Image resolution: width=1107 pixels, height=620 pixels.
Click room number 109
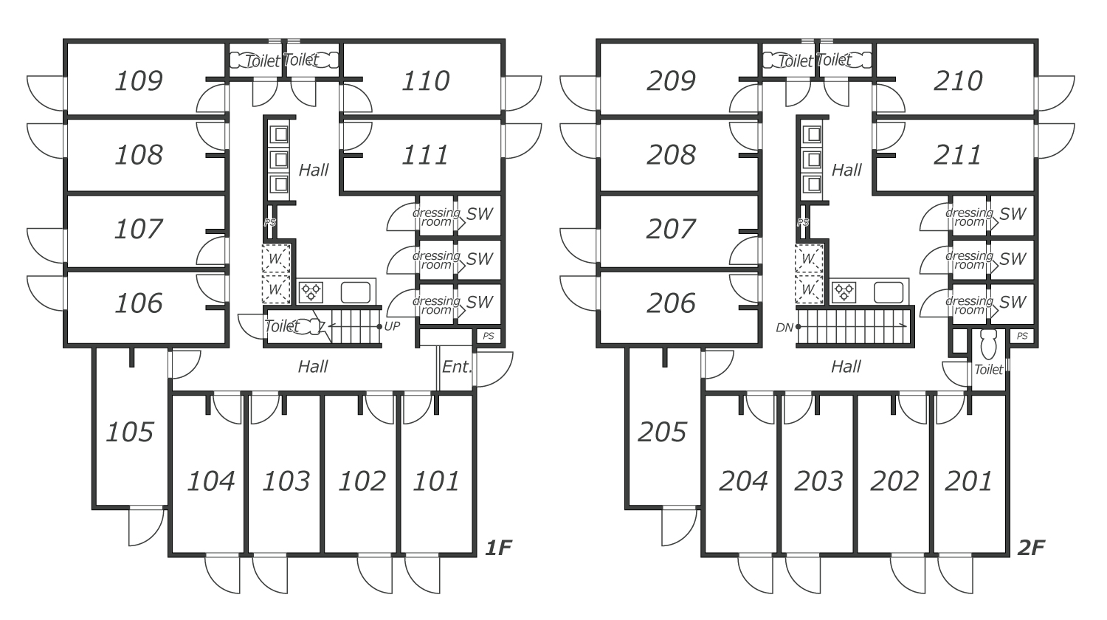(x=138, y=80)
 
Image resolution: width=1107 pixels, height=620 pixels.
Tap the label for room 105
(x=129, y=432)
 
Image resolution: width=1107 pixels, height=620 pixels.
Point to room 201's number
(x=968, y=481)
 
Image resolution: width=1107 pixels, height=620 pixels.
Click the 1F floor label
(x=498, y=548)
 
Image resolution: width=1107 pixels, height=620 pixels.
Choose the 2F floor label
(x=1031, y=548)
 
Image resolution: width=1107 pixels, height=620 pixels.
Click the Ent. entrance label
(x=456, y=367)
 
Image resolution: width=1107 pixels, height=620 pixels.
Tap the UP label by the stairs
(x=392, y=326)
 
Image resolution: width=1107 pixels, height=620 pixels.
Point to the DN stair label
(x=784, y=326)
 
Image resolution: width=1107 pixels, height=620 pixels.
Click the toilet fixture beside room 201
(x=988, y=342)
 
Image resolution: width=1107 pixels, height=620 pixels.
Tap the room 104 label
(x=210, y=481)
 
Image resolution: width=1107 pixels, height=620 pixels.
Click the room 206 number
(x=671, y=303)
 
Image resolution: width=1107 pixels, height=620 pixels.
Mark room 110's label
(x=425, y=80)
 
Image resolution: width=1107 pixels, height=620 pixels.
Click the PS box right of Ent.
(x=488, y=336)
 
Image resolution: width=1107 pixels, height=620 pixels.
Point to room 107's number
(x=138, y=229)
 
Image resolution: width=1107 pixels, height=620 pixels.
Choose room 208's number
(x=671, y=155)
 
